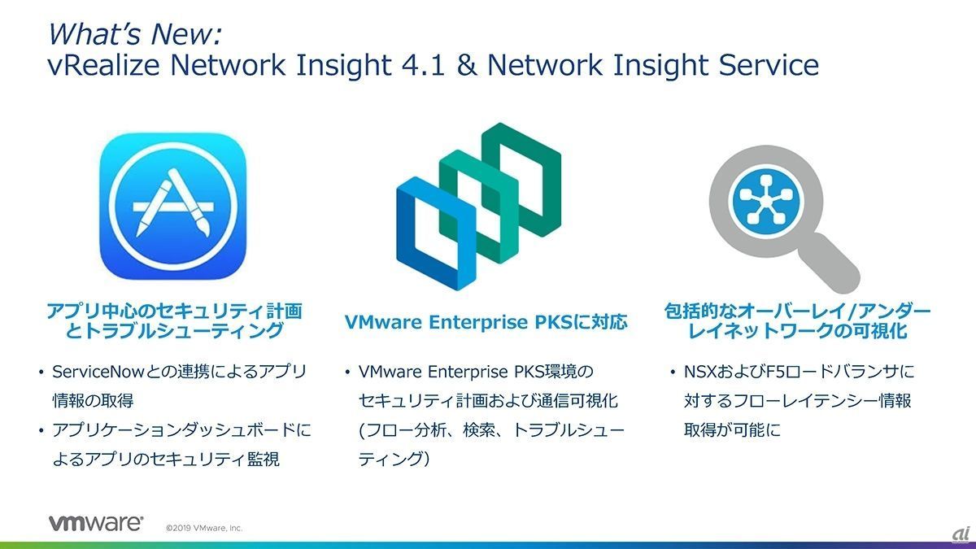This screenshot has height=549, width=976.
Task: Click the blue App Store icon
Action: pos(173,206)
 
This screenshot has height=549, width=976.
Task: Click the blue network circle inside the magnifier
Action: pos(766,203)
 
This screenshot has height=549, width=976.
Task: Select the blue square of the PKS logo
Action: pos(436,233)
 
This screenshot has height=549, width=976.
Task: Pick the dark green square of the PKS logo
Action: pos(521,180)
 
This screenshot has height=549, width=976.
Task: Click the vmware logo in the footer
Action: pos(96,523)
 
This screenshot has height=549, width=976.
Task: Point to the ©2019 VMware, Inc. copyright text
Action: pos(204,528)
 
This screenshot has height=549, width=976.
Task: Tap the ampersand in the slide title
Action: pos(467,64)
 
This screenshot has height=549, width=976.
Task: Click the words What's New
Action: pos(135,34)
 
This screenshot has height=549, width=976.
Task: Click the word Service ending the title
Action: pos(769,64)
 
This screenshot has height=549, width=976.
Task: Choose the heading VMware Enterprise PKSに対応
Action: pos(486,322)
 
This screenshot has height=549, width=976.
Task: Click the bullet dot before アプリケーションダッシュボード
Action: pos(41,431)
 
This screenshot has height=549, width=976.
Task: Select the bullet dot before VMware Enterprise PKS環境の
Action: pos(347,373)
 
